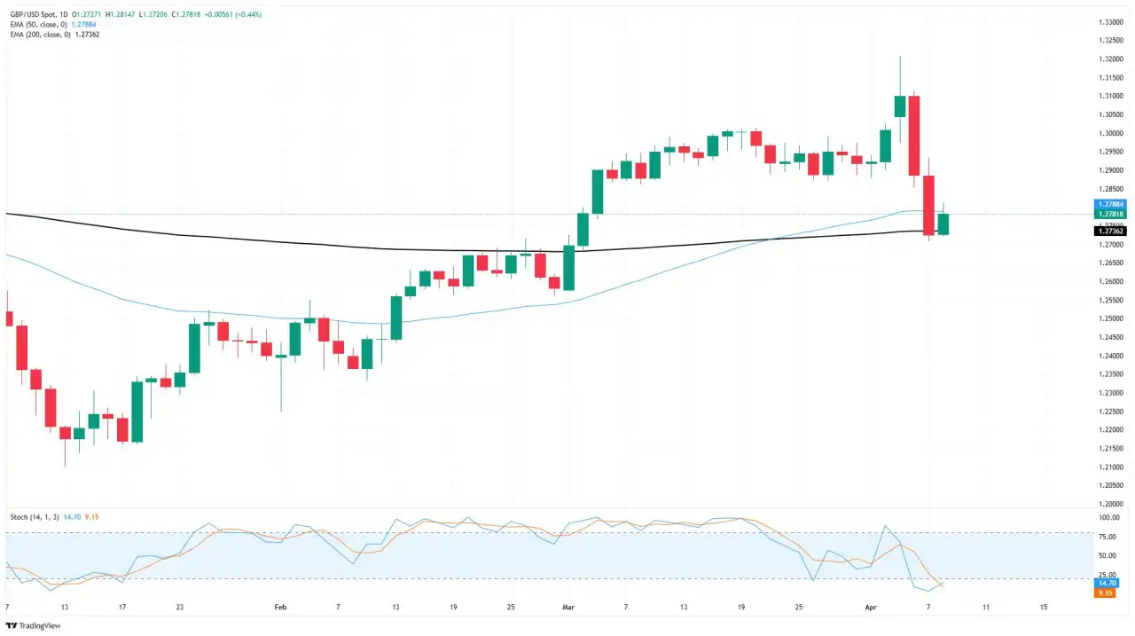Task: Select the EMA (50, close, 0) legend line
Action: pos(39,24)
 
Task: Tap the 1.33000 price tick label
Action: pos(1110,22)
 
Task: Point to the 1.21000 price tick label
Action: pos(1110,467)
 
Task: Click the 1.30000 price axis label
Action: pos(1110,133)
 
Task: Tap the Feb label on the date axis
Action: pos(280,608)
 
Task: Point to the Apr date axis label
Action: pos(870,608)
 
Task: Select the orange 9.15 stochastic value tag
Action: pos(1105,593)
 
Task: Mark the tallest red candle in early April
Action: pos(914,136)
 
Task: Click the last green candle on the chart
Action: pos(943,224)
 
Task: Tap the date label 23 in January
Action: pos(179,608)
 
